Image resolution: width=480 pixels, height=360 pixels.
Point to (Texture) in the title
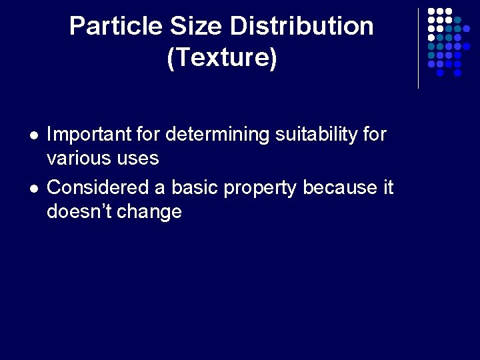click(x=221, y=58)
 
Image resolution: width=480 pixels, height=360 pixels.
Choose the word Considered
click(x=99, y=188)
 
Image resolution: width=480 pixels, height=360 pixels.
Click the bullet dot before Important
click(x=33, y=135)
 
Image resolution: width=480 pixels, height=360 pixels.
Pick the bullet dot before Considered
click(x=33, y=189)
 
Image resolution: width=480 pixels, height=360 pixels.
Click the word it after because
click(x=388, y=188)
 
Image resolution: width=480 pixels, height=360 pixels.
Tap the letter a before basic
click(x=160, y=189)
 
